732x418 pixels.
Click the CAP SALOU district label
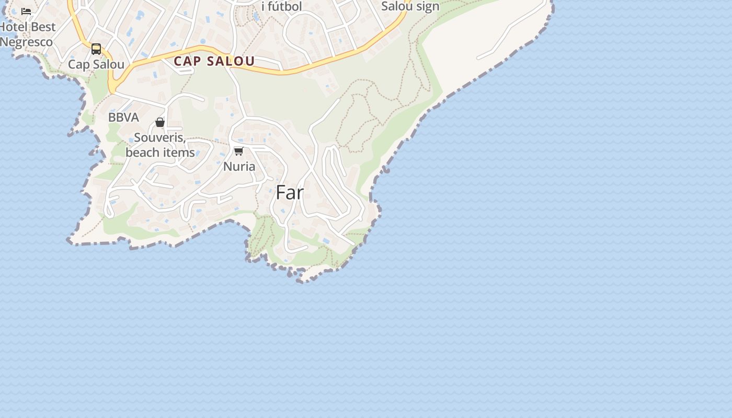214,61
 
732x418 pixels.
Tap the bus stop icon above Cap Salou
96,49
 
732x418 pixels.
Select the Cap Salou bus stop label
96,65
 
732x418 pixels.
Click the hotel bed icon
26,11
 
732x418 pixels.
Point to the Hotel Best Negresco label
27,34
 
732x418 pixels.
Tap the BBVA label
123,118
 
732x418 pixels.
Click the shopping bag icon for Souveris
160,123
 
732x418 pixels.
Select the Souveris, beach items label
160,145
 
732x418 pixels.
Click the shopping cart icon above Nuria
239,152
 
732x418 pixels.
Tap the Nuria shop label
239,167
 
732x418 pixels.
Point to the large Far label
290,193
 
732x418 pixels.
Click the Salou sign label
410,7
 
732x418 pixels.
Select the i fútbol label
282,7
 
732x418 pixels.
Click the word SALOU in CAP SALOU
230,61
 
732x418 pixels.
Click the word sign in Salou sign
426,7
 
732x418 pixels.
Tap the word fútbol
285,7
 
